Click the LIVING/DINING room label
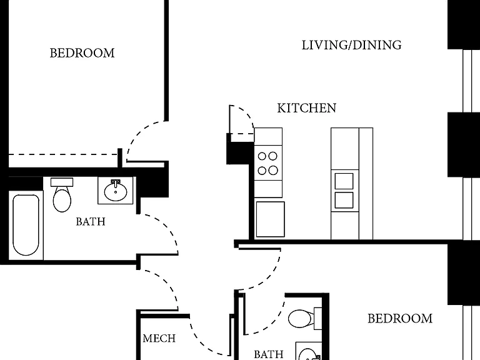(x=351, y=45)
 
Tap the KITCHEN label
(x=307, y=108)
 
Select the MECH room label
(x=159, y=338)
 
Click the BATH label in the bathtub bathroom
(x=91, y=221)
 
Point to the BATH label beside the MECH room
(x=269, y=354)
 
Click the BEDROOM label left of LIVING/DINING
(x=82, y=53)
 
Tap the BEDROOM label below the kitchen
(x=400, y=319)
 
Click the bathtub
(x=26, y=225)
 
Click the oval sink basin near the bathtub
(x=116, y=192)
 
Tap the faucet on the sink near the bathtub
(x=116, y=183)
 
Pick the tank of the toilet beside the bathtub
(x=62, y=182)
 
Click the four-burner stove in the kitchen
(x=268, y=163)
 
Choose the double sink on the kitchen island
(x=344, y=191)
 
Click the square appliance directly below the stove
(x=270, y=219)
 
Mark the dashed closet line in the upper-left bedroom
(x=63, y=154)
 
